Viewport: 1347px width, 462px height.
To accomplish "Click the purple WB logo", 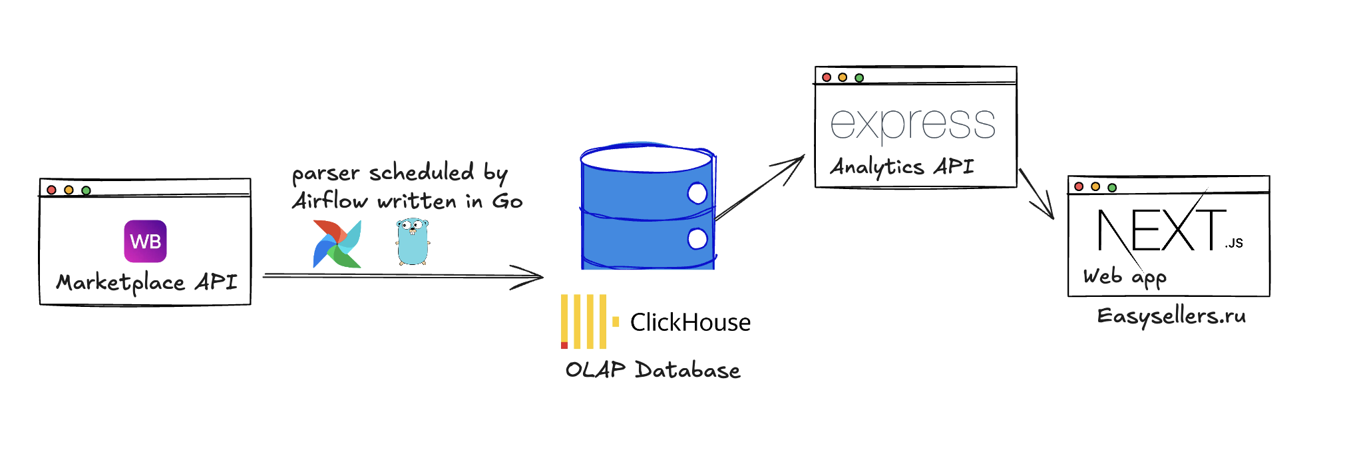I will click(145, 241).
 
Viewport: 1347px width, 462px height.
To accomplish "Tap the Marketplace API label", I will click(147, 282).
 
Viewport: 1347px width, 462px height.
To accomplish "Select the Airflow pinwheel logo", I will click(337, 244).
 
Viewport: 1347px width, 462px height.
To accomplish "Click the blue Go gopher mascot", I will click(413, 241).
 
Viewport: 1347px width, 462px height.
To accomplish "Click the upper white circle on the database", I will click(697, 193).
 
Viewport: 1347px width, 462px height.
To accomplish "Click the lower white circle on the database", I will click(697, 238).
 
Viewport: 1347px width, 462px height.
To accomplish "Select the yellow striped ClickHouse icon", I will click(584, 322).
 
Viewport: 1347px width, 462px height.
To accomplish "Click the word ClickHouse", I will click(690, 322).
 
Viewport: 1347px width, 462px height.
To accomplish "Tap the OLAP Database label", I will click(652, 369).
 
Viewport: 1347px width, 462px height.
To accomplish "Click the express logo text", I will click(912, 124).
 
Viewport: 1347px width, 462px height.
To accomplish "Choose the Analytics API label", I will click(902, 166).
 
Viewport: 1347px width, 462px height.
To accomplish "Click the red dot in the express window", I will click(827, 77).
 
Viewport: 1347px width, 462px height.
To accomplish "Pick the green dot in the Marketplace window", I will click(86, 190).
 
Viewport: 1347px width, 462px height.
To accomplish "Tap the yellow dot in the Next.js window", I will click(1095, 186).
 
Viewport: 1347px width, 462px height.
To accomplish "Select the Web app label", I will click(1124, 276).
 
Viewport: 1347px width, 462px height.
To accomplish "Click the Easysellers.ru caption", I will click(1171, 316).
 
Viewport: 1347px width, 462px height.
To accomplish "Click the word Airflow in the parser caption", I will click(330, 201).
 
